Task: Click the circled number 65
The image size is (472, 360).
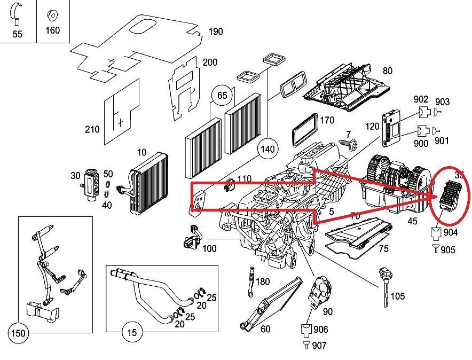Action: click(222, 96)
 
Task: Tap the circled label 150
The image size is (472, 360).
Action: click(19, 333)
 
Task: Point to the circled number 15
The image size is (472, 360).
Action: click(132, 332)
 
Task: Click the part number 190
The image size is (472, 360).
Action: click(215, 32)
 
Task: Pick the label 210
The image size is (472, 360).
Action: click(92, 129)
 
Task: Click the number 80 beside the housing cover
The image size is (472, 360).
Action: click(387, 71)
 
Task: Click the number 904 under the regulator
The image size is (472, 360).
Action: click(450, 232)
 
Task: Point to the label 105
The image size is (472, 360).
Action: click(397, 296)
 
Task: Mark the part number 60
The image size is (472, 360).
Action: click(265, 329)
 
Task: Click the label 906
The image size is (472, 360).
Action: click(320, 330)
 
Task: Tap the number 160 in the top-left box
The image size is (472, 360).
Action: click(52, 30)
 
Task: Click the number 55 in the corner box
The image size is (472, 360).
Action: click(18, 34)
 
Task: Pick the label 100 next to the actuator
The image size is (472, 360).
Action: click(209, 248)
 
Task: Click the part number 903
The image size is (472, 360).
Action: click(442, 102)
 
